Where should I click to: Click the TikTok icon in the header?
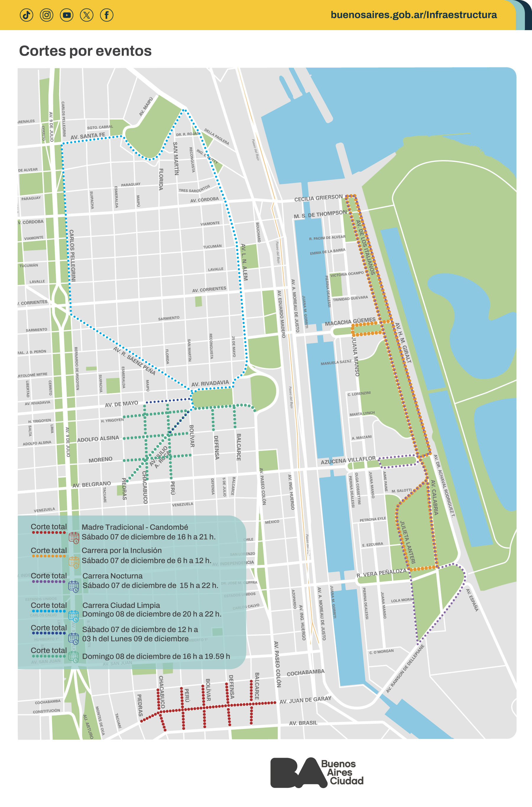click(x=27, y=15)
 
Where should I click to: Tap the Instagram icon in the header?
click(x=46, y=15)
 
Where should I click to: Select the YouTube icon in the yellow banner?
click(x=66, y=15)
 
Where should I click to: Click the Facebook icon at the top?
click(x=106, y=15)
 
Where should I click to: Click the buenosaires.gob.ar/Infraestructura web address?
click(x=413, y=15)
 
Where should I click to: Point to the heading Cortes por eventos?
click(x=85, y=51)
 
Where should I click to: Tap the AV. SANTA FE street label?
click(x=87, y=136)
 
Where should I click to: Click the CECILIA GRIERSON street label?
click(x=318, y=198)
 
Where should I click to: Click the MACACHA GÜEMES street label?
click(x=350, y=322)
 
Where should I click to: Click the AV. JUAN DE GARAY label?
click(x=305, y=700)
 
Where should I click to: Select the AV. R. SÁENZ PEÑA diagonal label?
click(x=134, y=361)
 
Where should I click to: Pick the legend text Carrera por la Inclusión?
click(x=121, y=550)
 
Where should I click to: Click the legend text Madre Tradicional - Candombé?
click(x=135, y=527)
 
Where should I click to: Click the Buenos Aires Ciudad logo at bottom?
click(x=317, y=772)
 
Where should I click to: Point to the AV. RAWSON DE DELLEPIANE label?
click(x=405, y=669)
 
